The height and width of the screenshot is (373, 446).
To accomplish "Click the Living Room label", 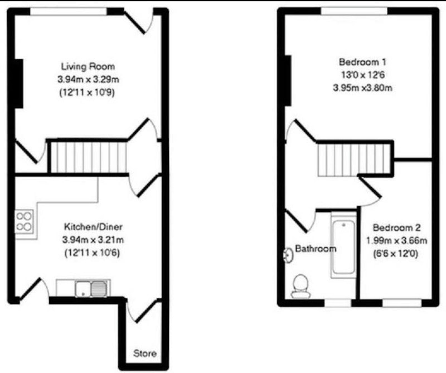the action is tap(88, 66).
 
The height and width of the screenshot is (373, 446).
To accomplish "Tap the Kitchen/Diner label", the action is tap(93, 227).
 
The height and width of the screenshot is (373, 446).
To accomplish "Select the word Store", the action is tap(145, 353).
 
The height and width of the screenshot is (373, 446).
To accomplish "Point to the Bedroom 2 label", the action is tap(396, 227).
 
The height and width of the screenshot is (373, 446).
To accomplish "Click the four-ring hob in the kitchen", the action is tap(24, 221).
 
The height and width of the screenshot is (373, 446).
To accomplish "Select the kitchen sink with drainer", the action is tap(91, 288).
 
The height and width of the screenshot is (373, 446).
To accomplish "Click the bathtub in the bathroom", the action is tap(343, 245).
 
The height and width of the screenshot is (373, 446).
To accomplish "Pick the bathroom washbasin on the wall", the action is tap(288, 255).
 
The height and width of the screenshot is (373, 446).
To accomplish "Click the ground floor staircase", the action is tap(89, 157).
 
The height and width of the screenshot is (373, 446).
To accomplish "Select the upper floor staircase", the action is tap(354, 159).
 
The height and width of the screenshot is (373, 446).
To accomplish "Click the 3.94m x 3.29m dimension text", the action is tap(88, 79).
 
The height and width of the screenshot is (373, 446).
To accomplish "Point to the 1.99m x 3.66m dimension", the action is tap(396, 241).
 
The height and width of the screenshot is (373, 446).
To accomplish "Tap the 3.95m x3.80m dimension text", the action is tap(363, 88).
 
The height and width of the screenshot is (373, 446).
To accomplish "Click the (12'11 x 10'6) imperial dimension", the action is tap(93, 253).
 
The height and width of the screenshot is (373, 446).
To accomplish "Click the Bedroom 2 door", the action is tap(370, 191).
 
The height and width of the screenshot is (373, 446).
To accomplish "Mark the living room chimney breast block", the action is tap(19, 84).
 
